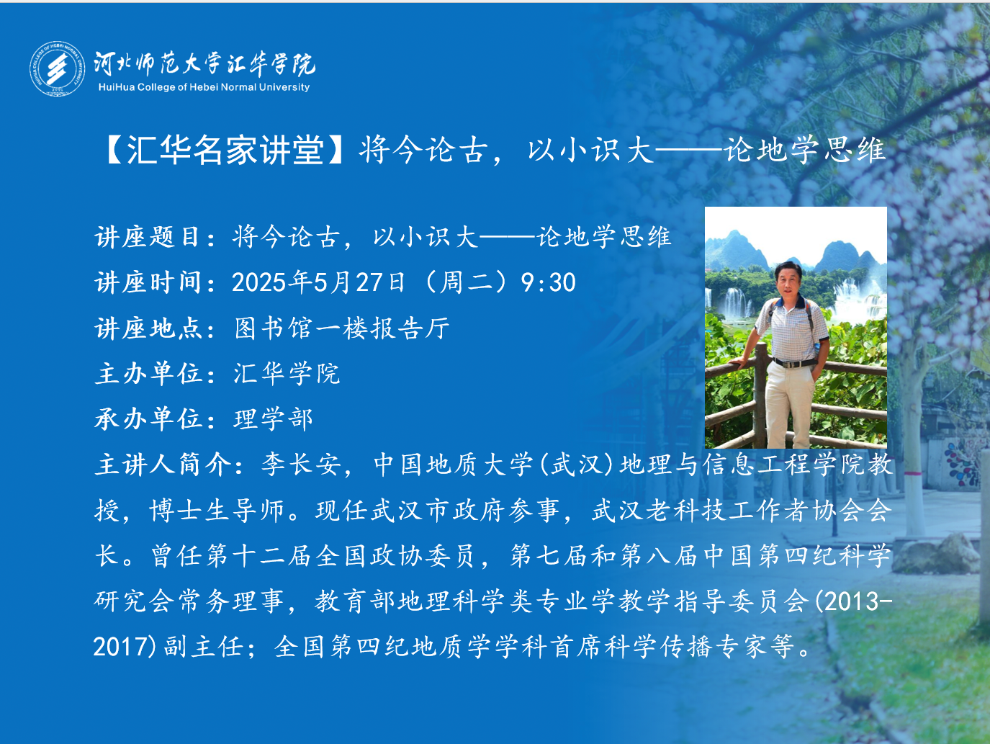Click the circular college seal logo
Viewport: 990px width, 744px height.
[58, 68]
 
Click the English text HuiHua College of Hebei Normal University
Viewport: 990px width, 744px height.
[204, 87]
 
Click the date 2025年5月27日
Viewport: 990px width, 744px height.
[318, 282]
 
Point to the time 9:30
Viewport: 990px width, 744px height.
[548, 282]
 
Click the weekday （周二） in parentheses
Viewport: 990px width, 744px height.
[463, 282]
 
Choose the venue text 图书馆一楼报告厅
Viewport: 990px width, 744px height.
[342, 328]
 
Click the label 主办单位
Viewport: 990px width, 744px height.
[147, 374]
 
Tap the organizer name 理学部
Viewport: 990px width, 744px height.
[273, 419]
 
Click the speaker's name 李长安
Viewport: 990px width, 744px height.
[301, 465]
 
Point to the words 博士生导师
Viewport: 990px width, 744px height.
[217, 511]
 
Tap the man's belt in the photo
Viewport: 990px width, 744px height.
[794, 362]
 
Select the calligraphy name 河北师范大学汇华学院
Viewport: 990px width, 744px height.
[204, 63]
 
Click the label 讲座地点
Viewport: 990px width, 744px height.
[147, 328]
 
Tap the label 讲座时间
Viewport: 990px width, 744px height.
[147, 282]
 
